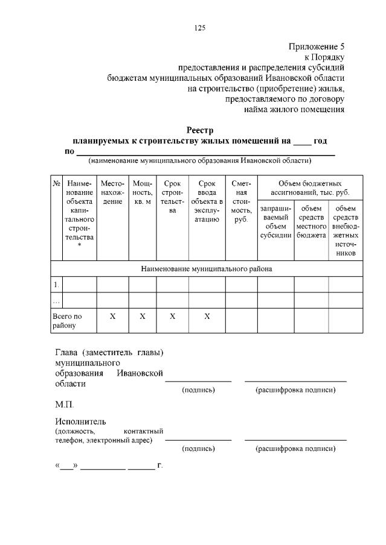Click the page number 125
[x=201, y=28]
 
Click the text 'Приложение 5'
[x=317, y=46]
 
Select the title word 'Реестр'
[x=200, y=130]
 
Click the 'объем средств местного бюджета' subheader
[x=311, y=221]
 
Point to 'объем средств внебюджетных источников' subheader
[x=346, y=230]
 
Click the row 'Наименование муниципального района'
[x=207, y=269]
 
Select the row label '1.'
[x=56, y=284]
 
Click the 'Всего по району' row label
[x=66, y=321]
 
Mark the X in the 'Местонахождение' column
[x=113, y=317]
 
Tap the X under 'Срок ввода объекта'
[x=207, y=317]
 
